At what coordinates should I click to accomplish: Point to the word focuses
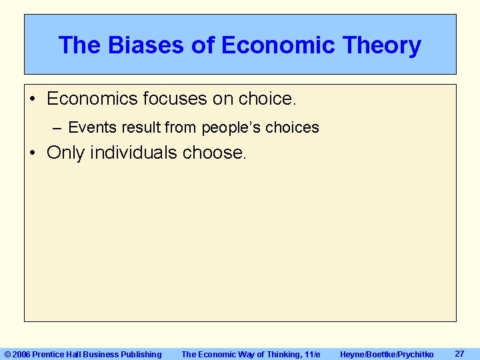pyautogui.click(x=174, y=99)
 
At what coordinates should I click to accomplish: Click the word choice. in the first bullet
pyautogui.click(x=265, y=99)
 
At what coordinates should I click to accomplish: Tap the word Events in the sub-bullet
pyautogui.click(x=92, y=127)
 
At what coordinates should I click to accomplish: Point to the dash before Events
pyautogui.click(x=57, y=127)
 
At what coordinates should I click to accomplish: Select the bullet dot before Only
pyautogui.click(x=33, y=153)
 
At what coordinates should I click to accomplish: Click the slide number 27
pyautogui.click(x=459, y=353)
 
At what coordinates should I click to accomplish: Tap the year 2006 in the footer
pyautogui.click(x=21, y=354)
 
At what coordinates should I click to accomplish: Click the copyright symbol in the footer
pyautogui.click(x=7, y=354)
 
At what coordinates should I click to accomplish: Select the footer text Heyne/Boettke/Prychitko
pyautogui.click(x=387, y=354)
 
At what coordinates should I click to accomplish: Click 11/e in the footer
pyautogui.click(x=311, y=354)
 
